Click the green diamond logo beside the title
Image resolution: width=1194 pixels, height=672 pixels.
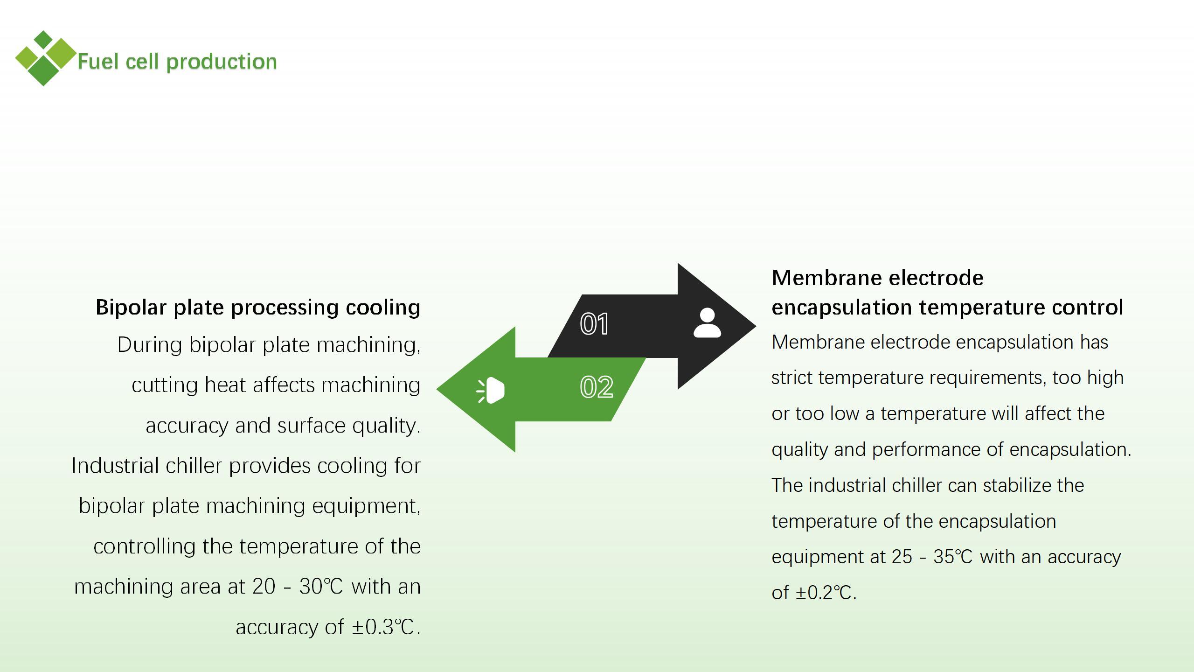[x=45, y=58]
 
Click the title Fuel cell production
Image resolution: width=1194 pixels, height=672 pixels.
[x=177, y=62]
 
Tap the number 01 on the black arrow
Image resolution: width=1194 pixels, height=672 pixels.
[x=594, y=324]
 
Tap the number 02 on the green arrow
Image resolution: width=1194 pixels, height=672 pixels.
[x=597, y=387]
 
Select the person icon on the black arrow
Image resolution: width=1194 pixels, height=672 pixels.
[x=707, y=322]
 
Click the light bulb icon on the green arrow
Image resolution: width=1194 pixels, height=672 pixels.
[x=490, y=390]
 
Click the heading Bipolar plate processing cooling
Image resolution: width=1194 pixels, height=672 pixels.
[x=258, y=308]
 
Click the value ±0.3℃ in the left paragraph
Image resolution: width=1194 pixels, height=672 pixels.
[x=383, y=627]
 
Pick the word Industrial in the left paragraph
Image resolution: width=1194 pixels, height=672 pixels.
[x=115, y=466]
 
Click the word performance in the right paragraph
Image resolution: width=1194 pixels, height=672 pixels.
[x=926, y=450]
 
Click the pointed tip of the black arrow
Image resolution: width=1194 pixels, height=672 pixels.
[x=756, y=326]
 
